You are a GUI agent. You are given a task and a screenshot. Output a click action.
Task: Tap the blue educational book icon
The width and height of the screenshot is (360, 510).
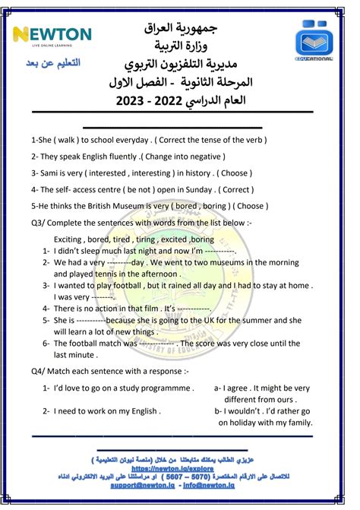pyautogui.click(x=315, y=41)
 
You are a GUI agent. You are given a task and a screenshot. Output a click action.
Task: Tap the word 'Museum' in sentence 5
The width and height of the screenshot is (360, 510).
pyautogui.click(x=147, y=205)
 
